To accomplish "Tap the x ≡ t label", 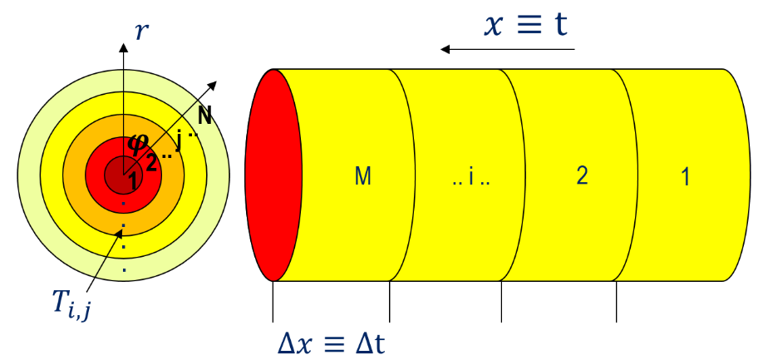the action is pos(525,25).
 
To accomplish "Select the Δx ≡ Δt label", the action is pos(332,343).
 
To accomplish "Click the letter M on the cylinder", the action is pos(363,176).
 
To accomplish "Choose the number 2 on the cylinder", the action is pos(582,176).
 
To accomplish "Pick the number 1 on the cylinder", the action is pos(686,177).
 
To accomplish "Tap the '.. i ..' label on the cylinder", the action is pos(470,178).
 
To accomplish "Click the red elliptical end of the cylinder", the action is pos(273,175).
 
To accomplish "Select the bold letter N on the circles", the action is pos(204,116).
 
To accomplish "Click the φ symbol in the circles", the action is pos(135,142).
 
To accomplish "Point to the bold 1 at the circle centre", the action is pos(134,182).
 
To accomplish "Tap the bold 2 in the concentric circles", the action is pos(151,162).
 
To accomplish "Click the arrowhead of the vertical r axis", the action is pos(123,47).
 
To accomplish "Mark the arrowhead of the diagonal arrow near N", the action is pos(212,86).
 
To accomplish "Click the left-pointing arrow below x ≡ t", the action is pos(508,49).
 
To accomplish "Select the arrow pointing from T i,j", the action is pos(104,260).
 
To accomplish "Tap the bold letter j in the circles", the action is pos(179,142).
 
